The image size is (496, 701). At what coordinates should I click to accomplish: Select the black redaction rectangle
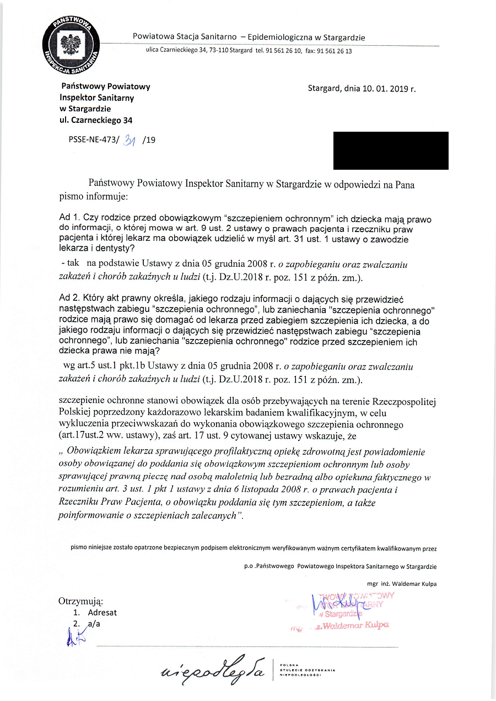click(391, 150)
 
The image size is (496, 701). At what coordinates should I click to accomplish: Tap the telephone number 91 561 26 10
click(283, 51)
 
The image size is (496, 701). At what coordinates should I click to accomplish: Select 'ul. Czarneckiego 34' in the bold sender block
click(96, 120)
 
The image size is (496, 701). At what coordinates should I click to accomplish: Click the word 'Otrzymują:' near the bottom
click(80, 601)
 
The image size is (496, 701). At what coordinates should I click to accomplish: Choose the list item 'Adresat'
click(102, 612)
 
